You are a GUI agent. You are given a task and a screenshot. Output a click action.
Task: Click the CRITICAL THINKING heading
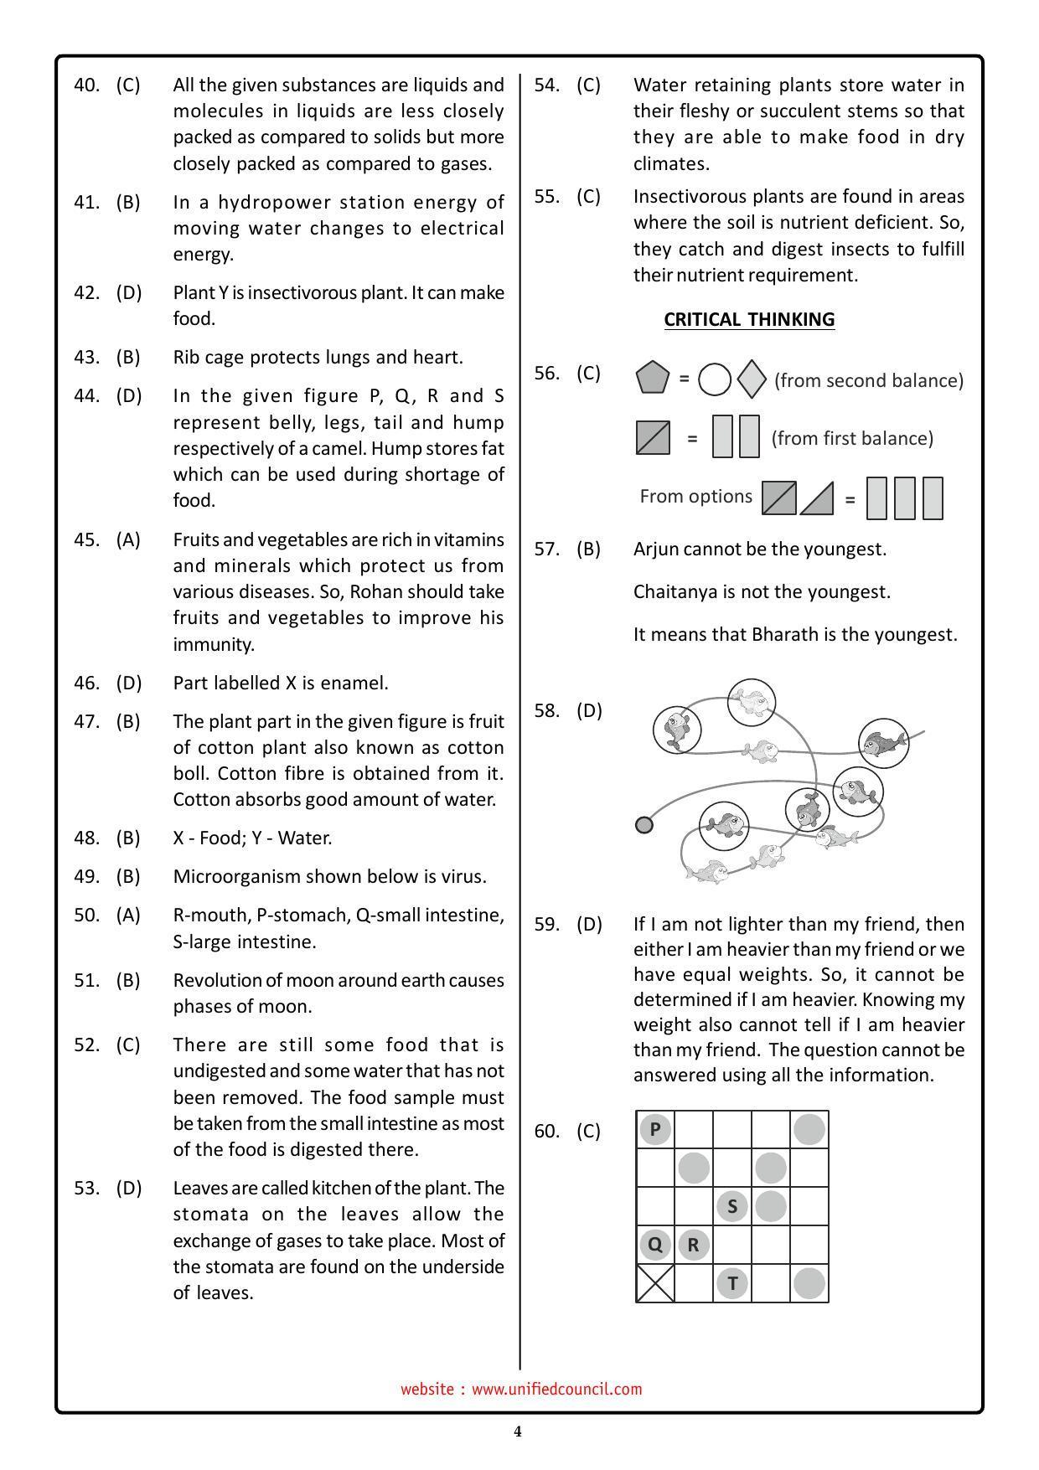tap(748, 319)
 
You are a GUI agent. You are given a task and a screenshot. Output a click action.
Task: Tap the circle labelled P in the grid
tap(655, 1129)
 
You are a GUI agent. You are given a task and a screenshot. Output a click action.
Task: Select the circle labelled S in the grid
tap(732, 1206)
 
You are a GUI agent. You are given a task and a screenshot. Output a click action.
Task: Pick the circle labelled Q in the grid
tap(655, 1245)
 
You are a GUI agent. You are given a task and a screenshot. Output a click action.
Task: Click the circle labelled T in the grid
tap(732, 1283)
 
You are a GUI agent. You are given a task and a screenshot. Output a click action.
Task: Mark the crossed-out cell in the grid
tap(655, 1283)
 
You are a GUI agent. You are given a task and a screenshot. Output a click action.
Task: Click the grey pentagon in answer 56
tap(653, 378)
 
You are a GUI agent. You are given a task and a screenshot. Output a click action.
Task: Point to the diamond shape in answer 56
tap(752, 379)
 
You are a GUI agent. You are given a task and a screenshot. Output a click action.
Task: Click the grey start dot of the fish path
tap(644, 825)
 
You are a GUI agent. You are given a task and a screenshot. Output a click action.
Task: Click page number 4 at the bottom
tap(518, 1431)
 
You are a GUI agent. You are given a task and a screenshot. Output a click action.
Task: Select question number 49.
tap(86, 876)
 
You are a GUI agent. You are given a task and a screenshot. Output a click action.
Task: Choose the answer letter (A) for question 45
tap(128, 539)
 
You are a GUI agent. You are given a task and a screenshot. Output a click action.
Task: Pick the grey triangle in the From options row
tap(819, 500)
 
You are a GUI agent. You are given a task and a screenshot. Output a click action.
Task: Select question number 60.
tap(546, 1131)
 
